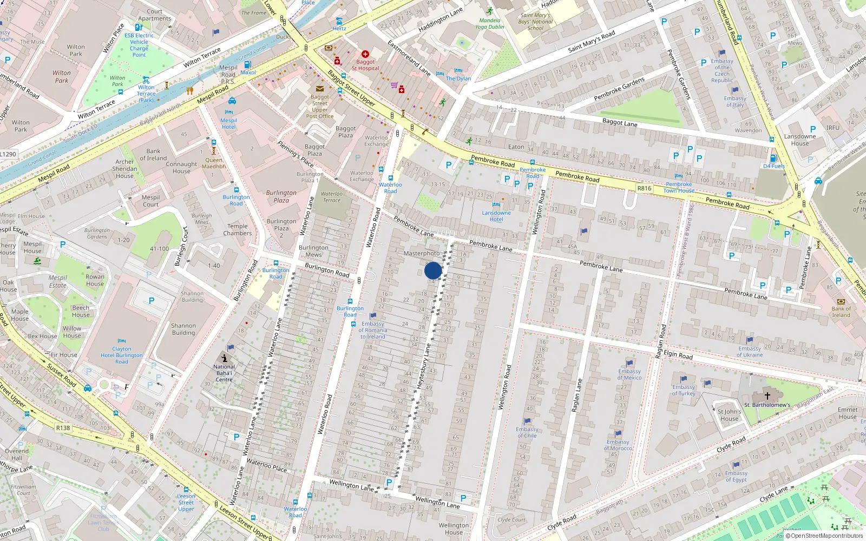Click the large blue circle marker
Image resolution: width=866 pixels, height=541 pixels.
(433, 270)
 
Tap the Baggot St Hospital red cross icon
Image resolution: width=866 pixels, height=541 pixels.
(365, 54)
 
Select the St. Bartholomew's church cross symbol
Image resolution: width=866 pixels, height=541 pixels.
(767, 396)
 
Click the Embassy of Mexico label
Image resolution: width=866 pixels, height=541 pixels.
(629, 374)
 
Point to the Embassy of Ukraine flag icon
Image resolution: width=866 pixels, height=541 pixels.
(750, 340)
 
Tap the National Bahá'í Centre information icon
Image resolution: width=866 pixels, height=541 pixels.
(225, 358)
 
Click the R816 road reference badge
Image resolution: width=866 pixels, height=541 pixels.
(644, 188)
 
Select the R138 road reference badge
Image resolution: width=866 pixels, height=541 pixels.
(63, 428)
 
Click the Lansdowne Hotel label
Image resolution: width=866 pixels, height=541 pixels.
(496, 216)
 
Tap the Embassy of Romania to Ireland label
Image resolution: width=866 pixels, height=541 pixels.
(373, 330)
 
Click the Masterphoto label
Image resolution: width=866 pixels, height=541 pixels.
(422, 253)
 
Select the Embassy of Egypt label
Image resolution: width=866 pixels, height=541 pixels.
(736, 477)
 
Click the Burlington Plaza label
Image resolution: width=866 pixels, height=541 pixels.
(281, 196)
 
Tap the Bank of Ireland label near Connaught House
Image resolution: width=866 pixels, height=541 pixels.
(153, 155)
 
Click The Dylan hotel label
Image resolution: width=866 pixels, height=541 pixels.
(458, 78)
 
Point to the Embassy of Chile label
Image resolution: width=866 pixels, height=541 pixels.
(527, 432)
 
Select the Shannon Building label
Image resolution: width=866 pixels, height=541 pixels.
(183, 329)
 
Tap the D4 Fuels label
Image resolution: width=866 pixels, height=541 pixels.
(773, 166)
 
